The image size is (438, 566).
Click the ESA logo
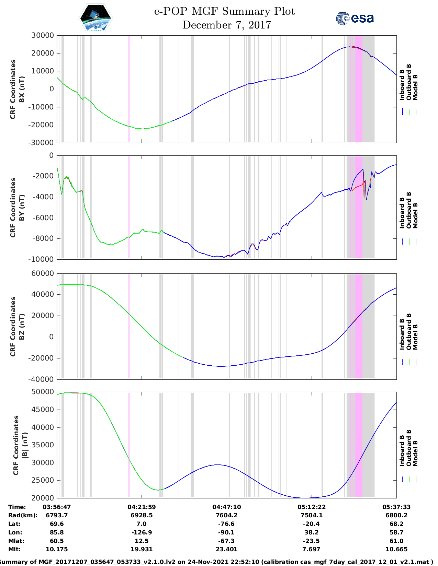point(355,18)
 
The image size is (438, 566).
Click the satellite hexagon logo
point(96,18)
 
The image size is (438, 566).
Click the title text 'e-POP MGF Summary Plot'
point(224,11)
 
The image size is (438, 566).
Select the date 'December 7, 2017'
point(226,25)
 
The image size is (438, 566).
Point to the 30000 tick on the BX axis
point(43,35)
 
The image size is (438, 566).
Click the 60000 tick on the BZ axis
point(43,273)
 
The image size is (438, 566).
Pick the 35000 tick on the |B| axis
point(43,445)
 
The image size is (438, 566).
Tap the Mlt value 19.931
point(142,549)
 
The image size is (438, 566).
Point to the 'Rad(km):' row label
point(23,515)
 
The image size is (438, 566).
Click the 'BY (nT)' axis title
point(22,207)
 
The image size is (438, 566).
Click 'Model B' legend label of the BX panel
point(415,87)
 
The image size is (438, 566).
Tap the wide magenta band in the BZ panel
point(359,326)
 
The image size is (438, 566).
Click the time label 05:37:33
point(396,507)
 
